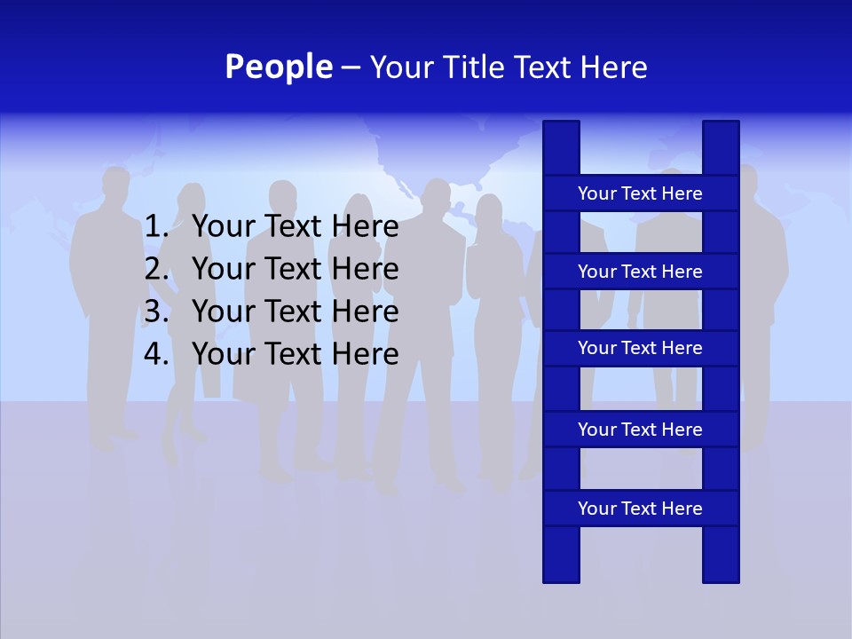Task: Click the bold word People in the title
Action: pyautogui.click(x=279, y=67)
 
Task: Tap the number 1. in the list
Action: pyautogui.click(x=156, y=227)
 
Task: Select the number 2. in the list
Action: pyautogui.click(x=156, y=269)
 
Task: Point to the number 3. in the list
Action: pyautogui.click(x=156, y=312)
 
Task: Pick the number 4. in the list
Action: pyautogui.click(x=156, y=354)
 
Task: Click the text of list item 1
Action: pyautogui.click(x=295, y=227)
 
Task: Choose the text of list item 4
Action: pyautogui.click(x=295, y=354)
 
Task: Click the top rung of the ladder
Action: pyautogui.click(x=640, y=193)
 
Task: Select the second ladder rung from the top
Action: pyautogui.click(x=640, y=272)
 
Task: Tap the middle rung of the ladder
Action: pyautogui.click(x=640, y=349)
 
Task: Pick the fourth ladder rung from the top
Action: pyautogui.click(x=640, y=430)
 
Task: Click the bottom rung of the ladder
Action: pyautogui.click(x=640, y=509)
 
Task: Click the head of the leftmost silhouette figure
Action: pyautogui.click(x=115, y=184)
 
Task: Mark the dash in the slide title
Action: pyautogui.click(x=351, y=67)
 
